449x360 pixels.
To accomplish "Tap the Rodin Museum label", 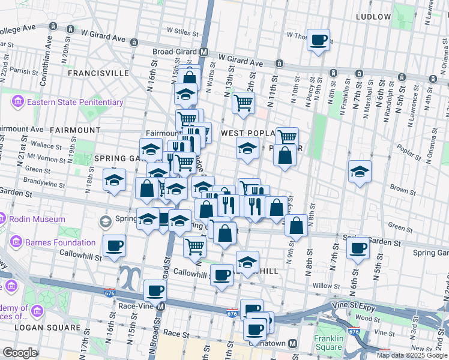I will tap(37, 219).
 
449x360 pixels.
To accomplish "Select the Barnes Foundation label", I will tap(61, 242).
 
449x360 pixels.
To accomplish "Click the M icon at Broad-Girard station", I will tap(204, 52).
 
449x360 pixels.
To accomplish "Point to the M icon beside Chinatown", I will tap(294, 343).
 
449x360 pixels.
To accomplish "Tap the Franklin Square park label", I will tap(328, 343).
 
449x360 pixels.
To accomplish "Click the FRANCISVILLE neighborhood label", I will tap(98, 73).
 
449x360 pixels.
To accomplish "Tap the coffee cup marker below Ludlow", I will tap(318, 40).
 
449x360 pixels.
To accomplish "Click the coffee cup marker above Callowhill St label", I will tap(113, 245).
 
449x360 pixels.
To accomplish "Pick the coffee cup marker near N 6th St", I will tap(359, 248).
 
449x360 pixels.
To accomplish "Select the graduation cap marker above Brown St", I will tap(360, 172).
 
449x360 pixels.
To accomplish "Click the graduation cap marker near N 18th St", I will tap(113, 179).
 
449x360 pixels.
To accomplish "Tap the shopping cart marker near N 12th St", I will tap(243, 103).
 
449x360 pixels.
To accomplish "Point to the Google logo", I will tap(20, 353).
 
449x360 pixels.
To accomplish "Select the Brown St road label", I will tap(402, 190).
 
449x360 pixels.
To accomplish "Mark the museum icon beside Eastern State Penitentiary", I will tap(17, 102).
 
